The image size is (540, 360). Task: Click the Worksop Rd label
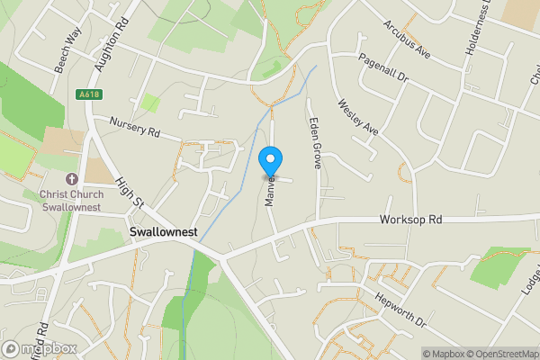pyautogui.click(x=411, y=220)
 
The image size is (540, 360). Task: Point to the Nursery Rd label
pyautogui.click(x=134, y=127)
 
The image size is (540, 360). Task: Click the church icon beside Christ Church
pyautogui.click(x=72, y=179)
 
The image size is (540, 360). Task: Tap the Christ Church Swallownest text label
pyautogui.click(x=72, y=200)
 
